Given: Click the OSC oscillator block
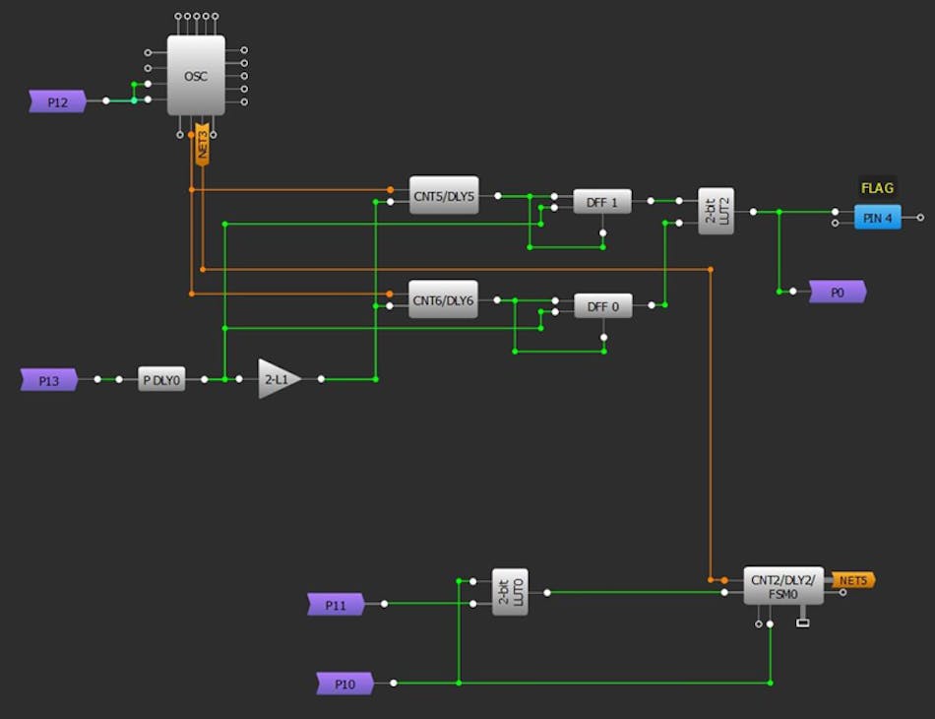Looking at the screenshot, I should click(x=196, y=76).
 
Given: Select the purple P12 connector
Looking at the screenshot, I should click(x=57, y=100).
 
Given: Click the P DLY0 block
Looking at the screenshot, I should click(x=161, y=379).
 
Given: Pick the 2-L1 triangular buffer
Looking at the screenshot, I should click(x=278, y=378).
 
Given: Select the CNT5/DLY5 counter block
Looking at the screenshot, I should click(x=443, y=196).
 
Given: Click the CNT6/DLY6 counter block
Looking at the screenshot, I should click(x=443, y=299).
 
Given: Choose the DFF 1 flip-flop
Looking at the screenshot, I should click(x=602, y=201).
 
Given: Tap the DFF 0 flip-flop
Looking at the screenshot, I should click(x=602, y=306).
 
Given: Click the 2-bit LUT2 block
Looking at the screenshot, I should click(x=716, y=211).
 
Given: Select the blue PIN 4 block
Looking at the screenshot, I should click(x=877, y=218).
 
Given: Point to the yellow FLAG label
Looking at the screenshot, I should click(x=877, y=188).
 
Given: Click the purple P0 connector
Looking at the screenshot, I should click(x=837, y=292).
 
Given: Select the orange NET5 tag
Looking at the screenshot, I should click(x=852, y=580).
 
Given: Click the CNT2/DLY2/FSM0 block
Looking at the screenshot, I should click(x=782, y=586).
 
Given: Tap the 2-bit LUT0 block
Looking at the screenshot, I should click(x=510, y=592).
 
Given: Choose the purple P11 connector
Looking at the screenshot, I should click(x=336, y=605).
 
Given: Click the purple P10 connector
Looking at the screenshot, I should click(x=344, y=683).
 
